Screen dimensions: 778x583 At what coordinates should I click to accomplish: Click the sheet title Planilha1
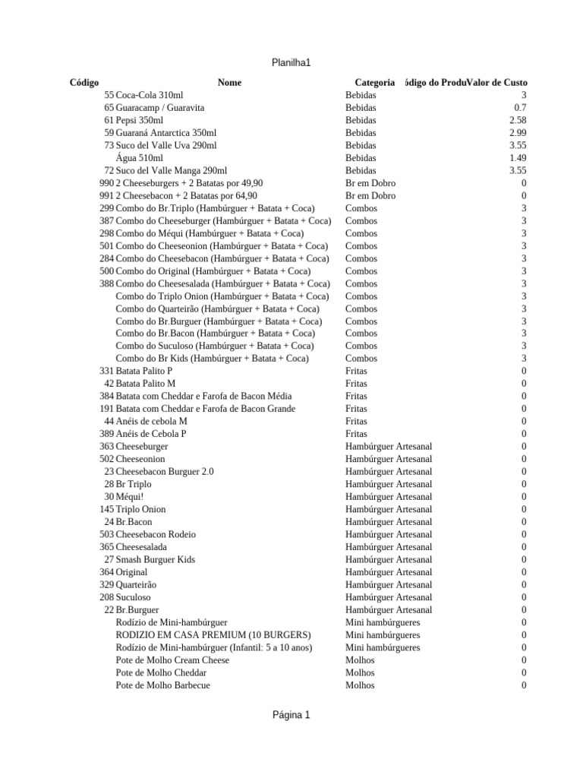tap(291, 62)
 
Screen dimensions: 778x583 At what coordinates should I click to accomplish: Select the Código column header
tap(84, 82)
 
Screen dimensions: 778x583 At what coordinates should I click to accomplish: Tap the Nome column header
tap(229, 82)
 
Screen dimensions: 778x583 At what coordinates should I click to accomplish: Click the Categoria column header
tap(374, 82)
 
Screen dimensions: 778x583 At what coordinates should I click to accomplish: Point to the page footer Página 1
tap(291, 715)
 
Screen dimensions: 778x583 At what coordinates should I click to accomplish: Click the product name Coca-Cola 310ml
tap(150, 95)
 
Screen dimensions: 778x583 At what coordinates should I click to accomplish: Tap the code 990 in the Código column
tap(106, 183)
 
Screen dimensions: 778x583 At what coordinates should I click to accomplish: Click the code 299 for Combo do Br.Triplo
tap(106, 208)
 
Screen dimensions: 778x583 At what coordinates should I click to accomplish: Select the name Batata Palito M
tap(146, 384)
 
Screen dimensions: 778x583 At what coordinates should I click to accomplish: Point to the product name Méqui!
tap(130, 496)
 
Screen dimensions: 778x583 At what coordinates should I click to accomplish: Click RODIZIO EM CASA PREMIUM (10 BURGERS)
tap(213, 634)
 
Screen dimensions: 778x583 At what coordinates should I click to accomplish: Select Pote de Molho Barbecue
tap(163, 685)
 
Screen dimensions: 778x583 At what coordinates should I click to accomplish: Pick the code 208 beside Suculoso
tap(106, 597)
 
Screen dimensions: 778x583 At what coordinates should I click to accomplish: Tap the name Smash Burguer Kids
tap(156, 559)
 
